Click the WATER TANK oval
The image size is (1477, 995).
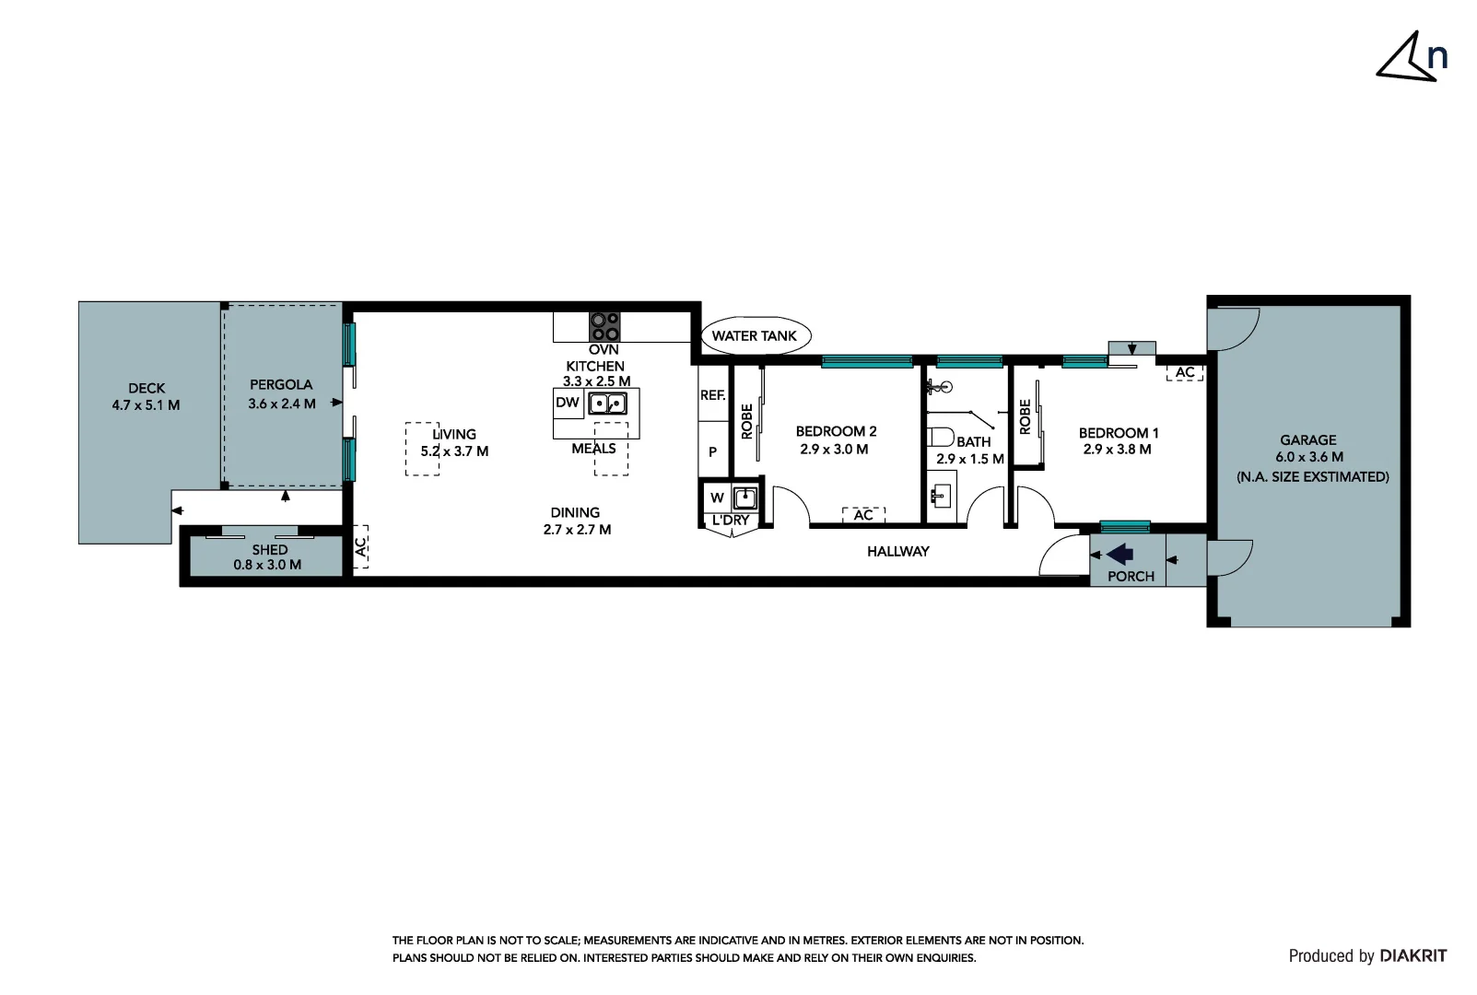tap(755, 335)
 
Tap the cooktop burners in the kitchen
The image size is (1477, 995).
tap(604, 327)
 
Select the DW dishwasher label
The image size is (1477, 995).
tap(567, 403)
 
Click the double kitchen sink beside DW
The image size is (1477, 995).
tap(607, 403)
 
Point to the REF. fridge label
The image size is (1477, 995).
tap(713, 395)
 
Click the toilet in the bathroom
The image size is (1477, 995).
tap(940, 438)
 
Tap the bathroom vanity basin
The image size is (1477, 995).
tap(940, 496)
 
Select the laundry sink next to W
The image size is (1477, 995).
tap(745, 497)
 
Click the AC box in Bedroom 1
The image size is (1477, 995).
tap(1185, 372)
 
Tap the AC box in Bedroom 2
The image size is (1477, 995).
tap(863, 515)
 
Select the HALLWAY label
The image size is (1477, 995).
tap(898, 551)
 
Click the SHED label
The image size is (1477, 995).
tap(270, 550)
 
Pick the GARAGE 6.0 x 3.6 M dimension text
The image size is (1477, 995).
tap(1309, 457)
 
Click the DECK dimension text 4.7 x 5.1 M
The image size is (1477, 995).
tap(146, 405)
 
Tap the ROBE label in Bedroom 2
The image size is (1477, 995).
tap(747, 421)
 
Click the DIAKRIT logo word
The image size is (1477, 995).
tap(1413, 956)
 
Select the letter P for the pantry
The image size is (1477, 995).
tap(713, 452)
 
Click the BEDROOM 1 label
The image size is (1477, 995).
tap(1119, 433)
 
